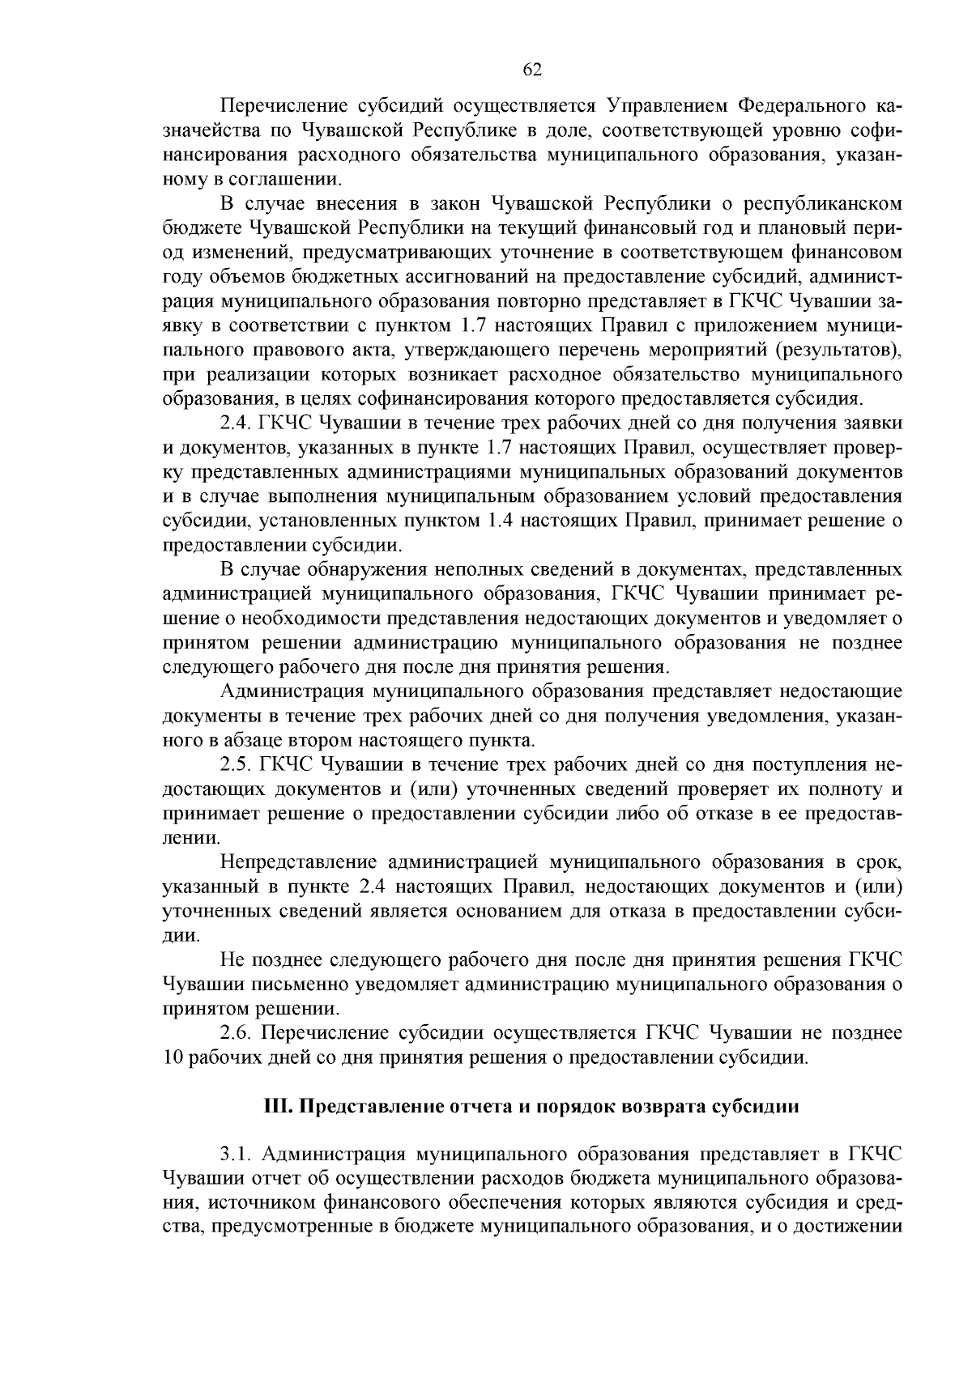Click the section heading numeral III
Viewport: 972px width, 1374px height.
279,1107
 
